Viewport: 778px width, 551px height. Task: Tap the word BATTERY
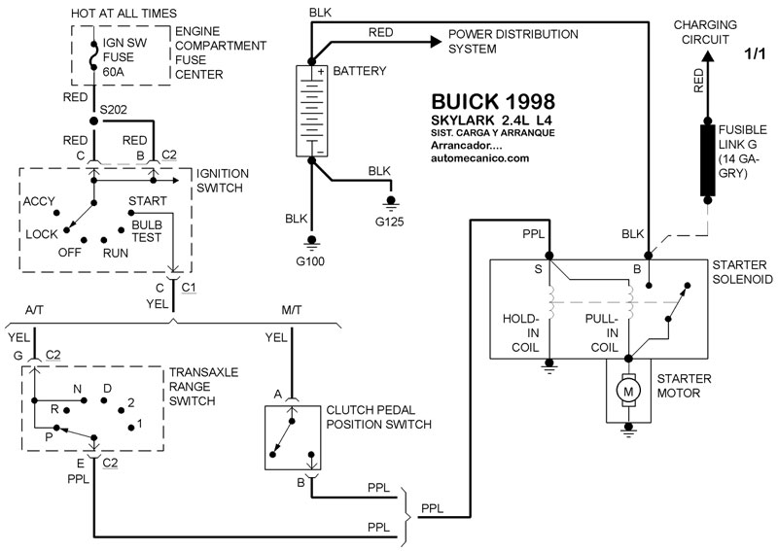[359, 71]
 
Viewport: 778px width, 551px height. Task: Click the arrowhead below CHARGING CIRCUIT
[707, 56]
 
